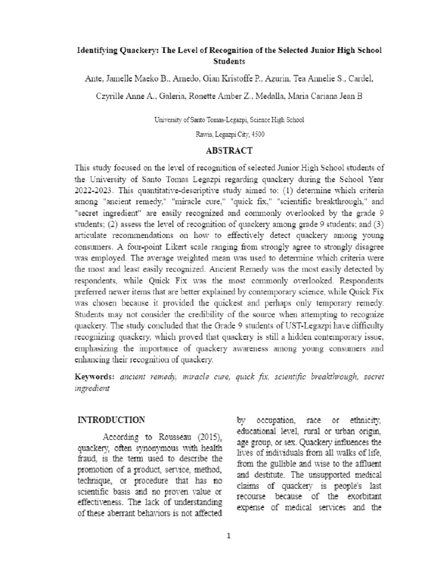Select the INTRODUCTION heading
tap(111, 420)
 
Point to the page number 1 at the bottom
tap(229, 535)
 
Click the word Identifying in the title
tap(97, 50)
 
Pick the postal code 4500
tap(256, 134)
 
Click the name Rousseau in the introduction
tap(170, 438)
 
